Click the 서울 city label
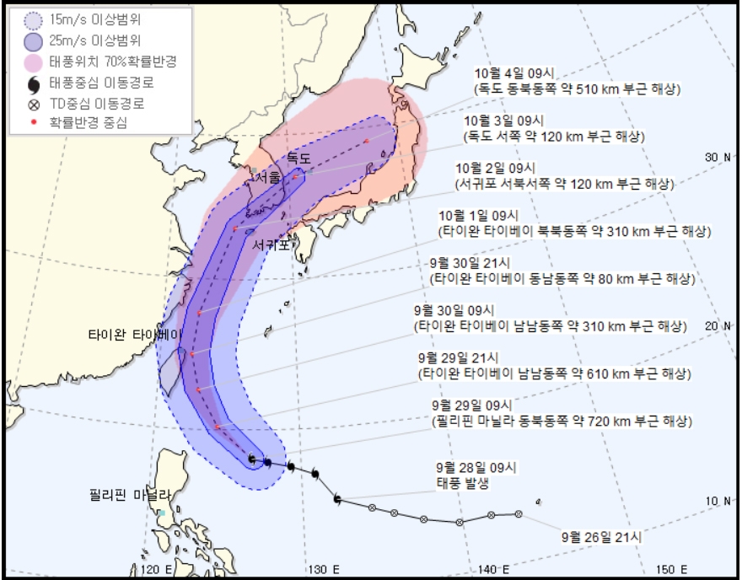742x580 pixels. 269,179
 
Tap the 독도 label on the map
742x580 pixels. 298,158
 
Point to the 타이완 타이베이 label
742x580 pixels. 135,334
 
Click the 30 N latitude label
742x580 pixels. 718,158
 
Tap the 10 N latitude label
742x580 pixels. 718,501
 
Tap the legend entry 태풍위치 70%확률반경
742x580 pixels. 117,62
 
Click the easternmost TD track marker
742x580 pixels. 518,513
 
